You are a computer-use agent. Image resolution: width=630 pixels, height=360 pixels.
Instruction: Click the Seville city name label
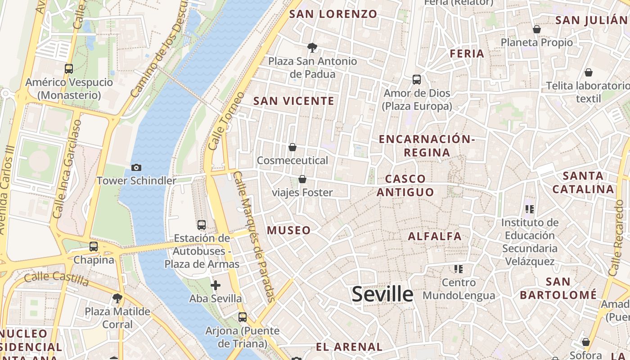pos(382,294)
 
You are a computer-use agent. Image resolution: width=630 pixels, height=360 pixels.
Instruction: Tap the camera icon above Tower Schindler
pos(136,167)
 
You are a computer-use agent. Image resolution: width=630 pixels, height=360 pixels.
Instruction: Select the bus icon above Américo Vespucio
pos(69,69)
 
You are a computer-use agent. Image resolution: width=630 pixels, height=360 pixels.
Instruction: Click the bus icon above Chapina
pos(94,247)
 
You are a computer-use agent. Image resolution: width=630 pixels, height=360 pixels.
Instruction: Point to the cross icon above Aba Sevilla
pos(216,285)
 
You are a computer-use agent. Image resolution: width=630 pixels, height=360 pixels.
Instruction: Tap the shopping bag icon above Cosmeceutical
pos(292,147)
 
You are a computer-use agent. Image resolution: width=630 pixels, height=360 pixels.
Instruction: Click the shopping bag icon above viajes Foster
pos(302,179)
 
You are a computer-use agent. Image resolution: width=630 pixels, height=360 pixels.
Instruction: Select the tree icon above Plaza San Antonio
pos(312,47)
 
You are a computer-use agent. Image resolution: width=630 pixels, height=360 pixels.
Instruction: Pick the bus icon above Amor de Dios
pos(417,80)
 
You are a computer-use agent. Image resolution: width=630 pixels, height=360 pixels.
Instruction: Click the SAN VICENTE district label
pos(294,101)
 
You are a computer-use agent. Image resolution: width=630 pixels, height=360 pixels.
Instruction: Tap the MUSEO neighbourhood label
pos(289,230)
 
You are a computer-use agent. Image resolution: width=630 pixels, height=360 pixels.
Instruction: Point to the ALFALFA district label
pos(435,236)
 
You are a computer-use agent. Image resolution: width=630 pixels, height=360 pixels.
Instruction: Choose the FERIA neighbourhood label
pos(467,54)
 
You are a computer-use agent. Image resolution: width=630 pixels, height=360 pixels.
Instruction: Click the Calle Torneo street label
pos(227,121)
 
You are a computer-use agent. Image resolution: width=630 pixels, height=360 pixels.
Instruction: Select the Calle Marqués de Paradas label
pos(254,236)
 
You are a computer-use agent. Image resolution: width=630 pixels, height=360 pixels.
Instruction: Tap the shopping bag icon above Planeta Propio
pos(536,29)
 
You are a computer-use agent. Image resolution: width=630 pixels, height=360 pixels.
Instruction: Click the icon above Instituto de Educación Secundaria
pos(530,209)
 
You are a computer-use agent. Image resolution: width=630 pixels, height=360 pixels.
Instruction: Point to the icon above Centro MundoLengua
pos(459,269)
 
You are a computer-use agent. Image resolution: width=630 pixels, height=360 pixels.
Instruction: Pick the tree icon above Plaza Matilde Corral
pos(117,298)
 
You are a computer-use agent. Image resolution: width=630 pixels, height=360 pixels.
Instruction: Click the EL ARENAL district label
pos(349,347)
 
